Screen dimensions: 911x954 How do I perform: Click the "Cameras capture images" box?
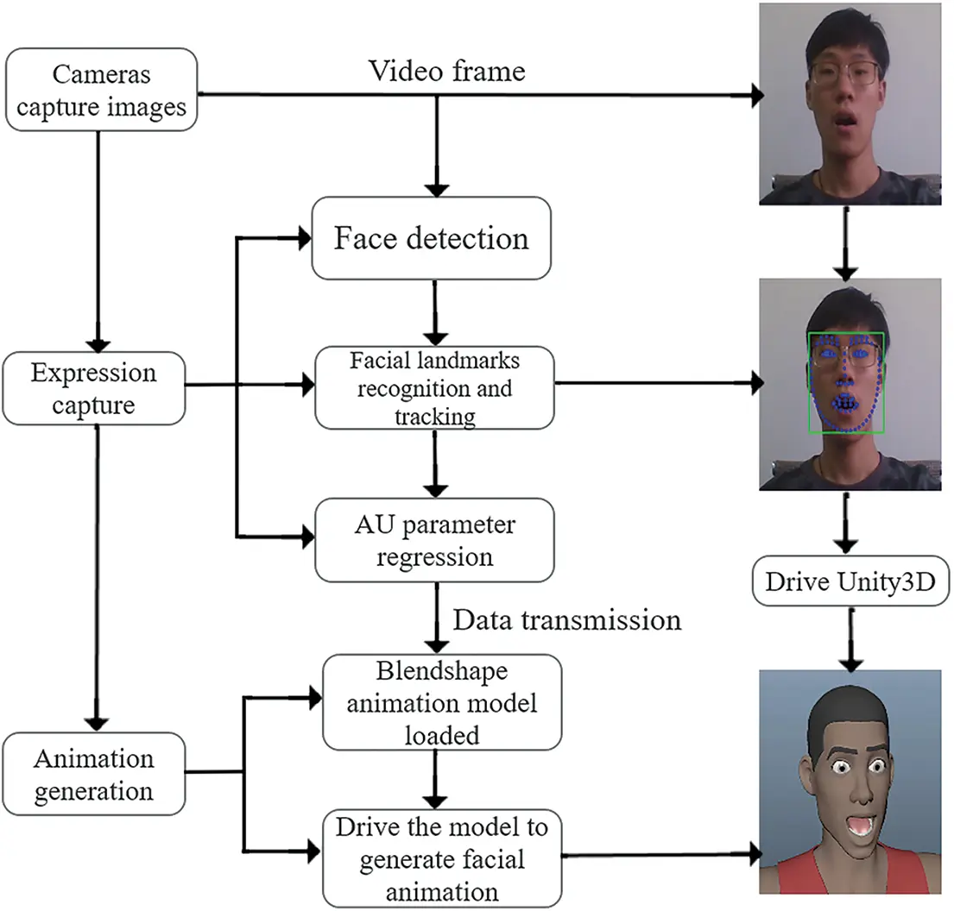[x=100, y=91]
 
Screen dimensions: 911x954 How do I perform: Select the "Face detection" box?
[x=431, y=238]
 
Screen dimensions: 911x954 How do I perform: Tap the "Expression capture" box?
[x=93, y=388]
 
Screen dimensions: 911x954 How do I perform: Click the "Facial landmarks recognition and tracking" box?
[x=434, y=387]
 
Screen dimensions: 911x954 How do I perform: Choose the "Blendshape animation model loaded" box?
[x=441, y=702]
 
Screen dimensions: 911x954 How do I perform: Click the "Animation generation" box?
[x=93, y=773]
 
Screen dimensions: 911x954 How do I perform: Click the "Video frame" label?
[x=446, y=71]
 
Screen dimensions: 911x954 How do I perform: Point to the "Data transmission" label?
[x=567, y=619]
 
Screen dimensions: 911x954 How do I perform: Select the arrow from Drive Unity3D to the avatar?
[x=850, y=638]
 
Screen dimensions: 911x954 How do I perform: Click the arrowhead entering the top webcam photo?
[x=756, y=97]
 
